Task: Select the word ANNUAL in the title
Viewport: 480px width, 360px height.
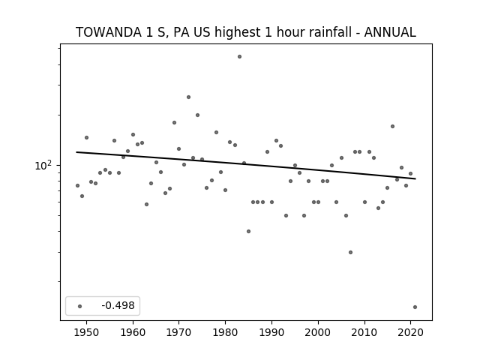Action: (x=390, y=32)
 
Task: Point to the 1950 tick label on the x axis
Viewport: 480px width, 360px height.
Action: (x=86, y=332)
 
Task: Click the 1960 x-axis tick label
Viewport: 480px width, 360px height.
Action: (x=133, y=332)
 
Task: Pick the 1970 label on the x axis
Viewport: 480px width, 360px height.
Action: (x=178, y=332)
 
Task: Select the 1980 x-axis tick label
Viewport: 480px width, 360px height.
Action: (x=225, y=332)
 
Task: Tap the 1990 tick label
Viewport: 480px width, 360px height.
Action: (x=271, y=332)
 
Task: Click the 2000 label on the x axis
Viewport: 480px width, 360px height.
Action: (x=318, y=332)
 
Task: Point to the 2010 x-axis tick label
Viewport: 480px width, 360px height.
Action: (x=364, y=332)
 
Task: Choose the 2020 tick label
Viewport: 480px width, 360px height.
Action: (x=410, y=332)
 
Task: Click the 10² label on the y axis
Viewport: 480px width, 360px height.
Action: (x=43, y=165)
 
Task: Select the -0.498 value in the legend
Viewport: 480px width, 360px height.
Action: (x=118, y=305)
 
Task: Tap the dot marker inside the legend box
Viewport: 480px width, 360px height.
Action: (x=80, y=306)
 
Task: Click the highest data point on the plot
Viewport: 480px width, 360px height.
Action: (x=239, y=57)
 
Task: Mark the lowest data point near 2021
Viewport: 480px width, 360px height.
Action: (x=415, y=307)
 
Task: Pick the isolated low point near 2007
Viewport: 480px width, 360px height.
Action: (x=350, y=252)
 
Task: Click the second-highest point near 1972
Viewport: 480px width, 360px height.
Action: (x=188, y=97)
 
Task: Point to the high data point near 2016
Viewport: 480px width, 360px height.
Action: (x=392, y=127)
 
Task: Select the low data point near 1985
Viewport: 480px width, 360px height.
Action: (x=248, y=232)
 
